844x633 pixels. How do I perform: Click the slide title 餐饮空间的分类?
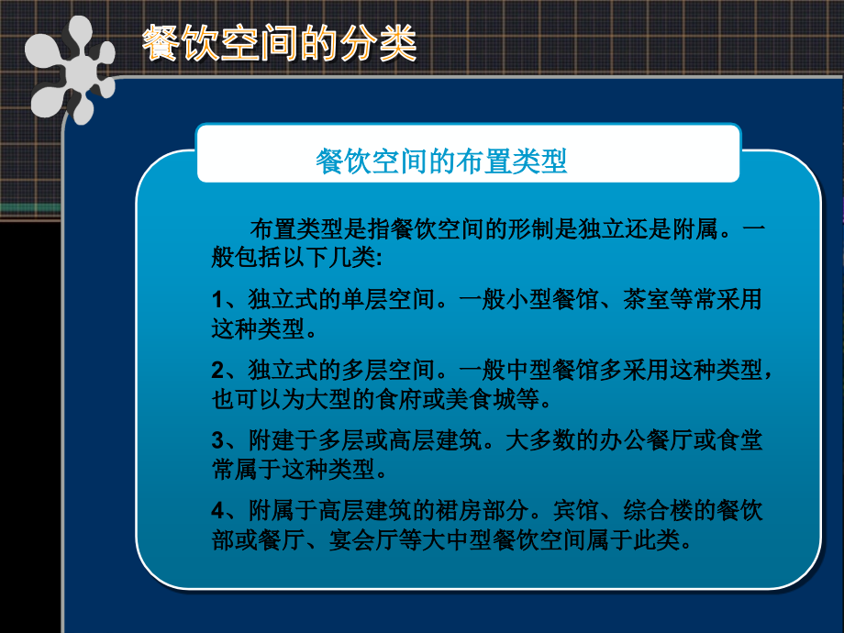click(279, 43)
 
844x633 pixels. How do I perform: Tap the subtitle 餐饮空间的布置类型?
click(441, 161)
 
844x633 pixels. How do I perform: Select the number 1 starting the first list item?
click(217, 300)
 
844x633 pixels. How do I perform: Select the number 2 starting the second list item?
click(217, 371)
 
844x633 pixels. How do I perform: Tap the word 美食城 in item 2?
click(495, 399)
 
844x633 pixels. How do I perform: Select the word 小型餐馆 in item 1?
click(558, 300)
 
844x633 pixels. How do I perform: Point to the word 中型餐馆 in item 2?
click(558, 371)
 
